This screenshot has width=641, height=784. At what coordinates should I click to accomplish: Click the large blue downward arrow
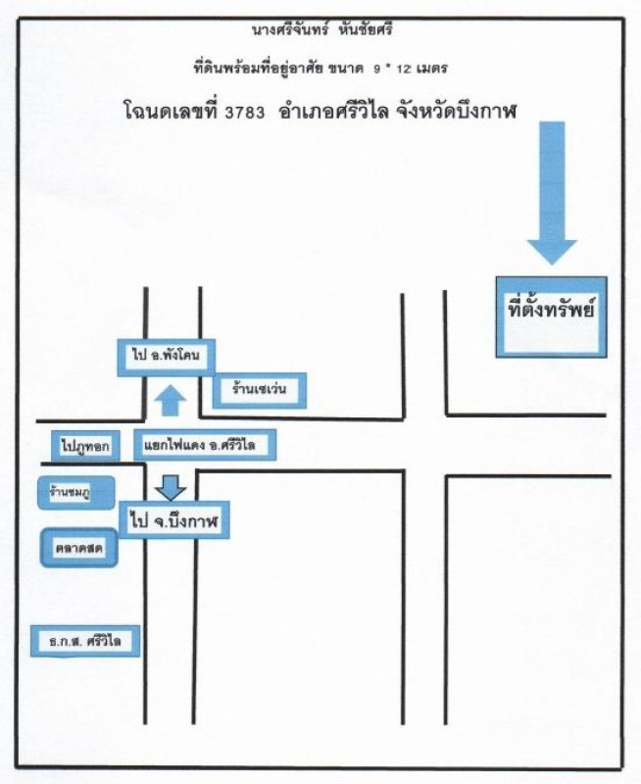[x=552, y=192]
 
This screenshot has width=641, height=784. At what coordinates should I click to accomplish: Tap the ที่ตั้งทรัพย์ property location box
[x=552, y=317]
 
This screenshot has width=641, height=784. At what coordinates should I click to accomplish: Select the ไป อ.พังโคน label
[x=167, y=356]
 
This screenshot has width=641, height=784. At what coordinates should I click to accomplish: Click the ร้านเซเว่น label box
[x=260, y=389]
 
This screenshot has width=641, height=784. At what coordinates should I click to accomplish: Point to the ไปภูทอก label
[x=85, y=446]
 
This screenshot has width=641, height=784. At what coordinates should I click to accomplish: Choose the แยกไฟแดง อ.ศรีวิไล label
[x=205, y=444]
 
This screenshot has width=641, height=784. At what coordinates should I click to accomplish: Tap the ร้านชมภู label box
[x=76, y=493]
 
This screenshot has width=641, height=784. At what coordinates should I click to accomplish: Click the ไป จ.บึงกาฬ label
[x=174, y=520]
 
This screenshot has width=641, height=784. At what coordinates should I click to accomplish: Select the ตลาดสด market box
[x=79, y=548]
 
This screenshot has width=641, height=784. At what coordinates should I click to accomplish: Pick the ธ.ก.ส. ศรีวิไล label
[x=85, y=641]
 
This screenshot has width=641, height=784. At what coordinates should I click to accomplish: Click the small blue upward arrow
[x=171, y=400]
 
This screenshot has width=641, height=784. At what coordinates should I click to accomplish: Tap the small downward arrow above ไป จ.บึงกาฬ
[x=171, y=487]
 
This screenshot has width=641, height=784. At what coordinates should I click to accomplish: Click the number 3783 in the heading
[x=244, y=113]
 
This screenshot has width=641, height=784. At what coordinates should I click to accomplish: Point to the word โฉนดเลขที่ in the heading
[x=171, y=111]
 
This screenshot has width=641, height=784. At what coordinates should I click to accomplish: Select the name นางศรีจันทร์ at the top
[x=290, y=30]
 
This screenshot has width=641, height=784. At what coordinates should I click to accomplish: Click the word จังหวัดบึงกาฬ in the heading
[x=456, y=111]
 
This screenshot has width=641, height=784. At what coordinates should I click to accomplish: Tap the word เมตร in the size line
[x=429, y=68]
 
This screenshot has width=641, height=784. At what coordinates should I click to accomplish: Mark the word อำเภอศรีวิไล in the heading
[x=334, y=111]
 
